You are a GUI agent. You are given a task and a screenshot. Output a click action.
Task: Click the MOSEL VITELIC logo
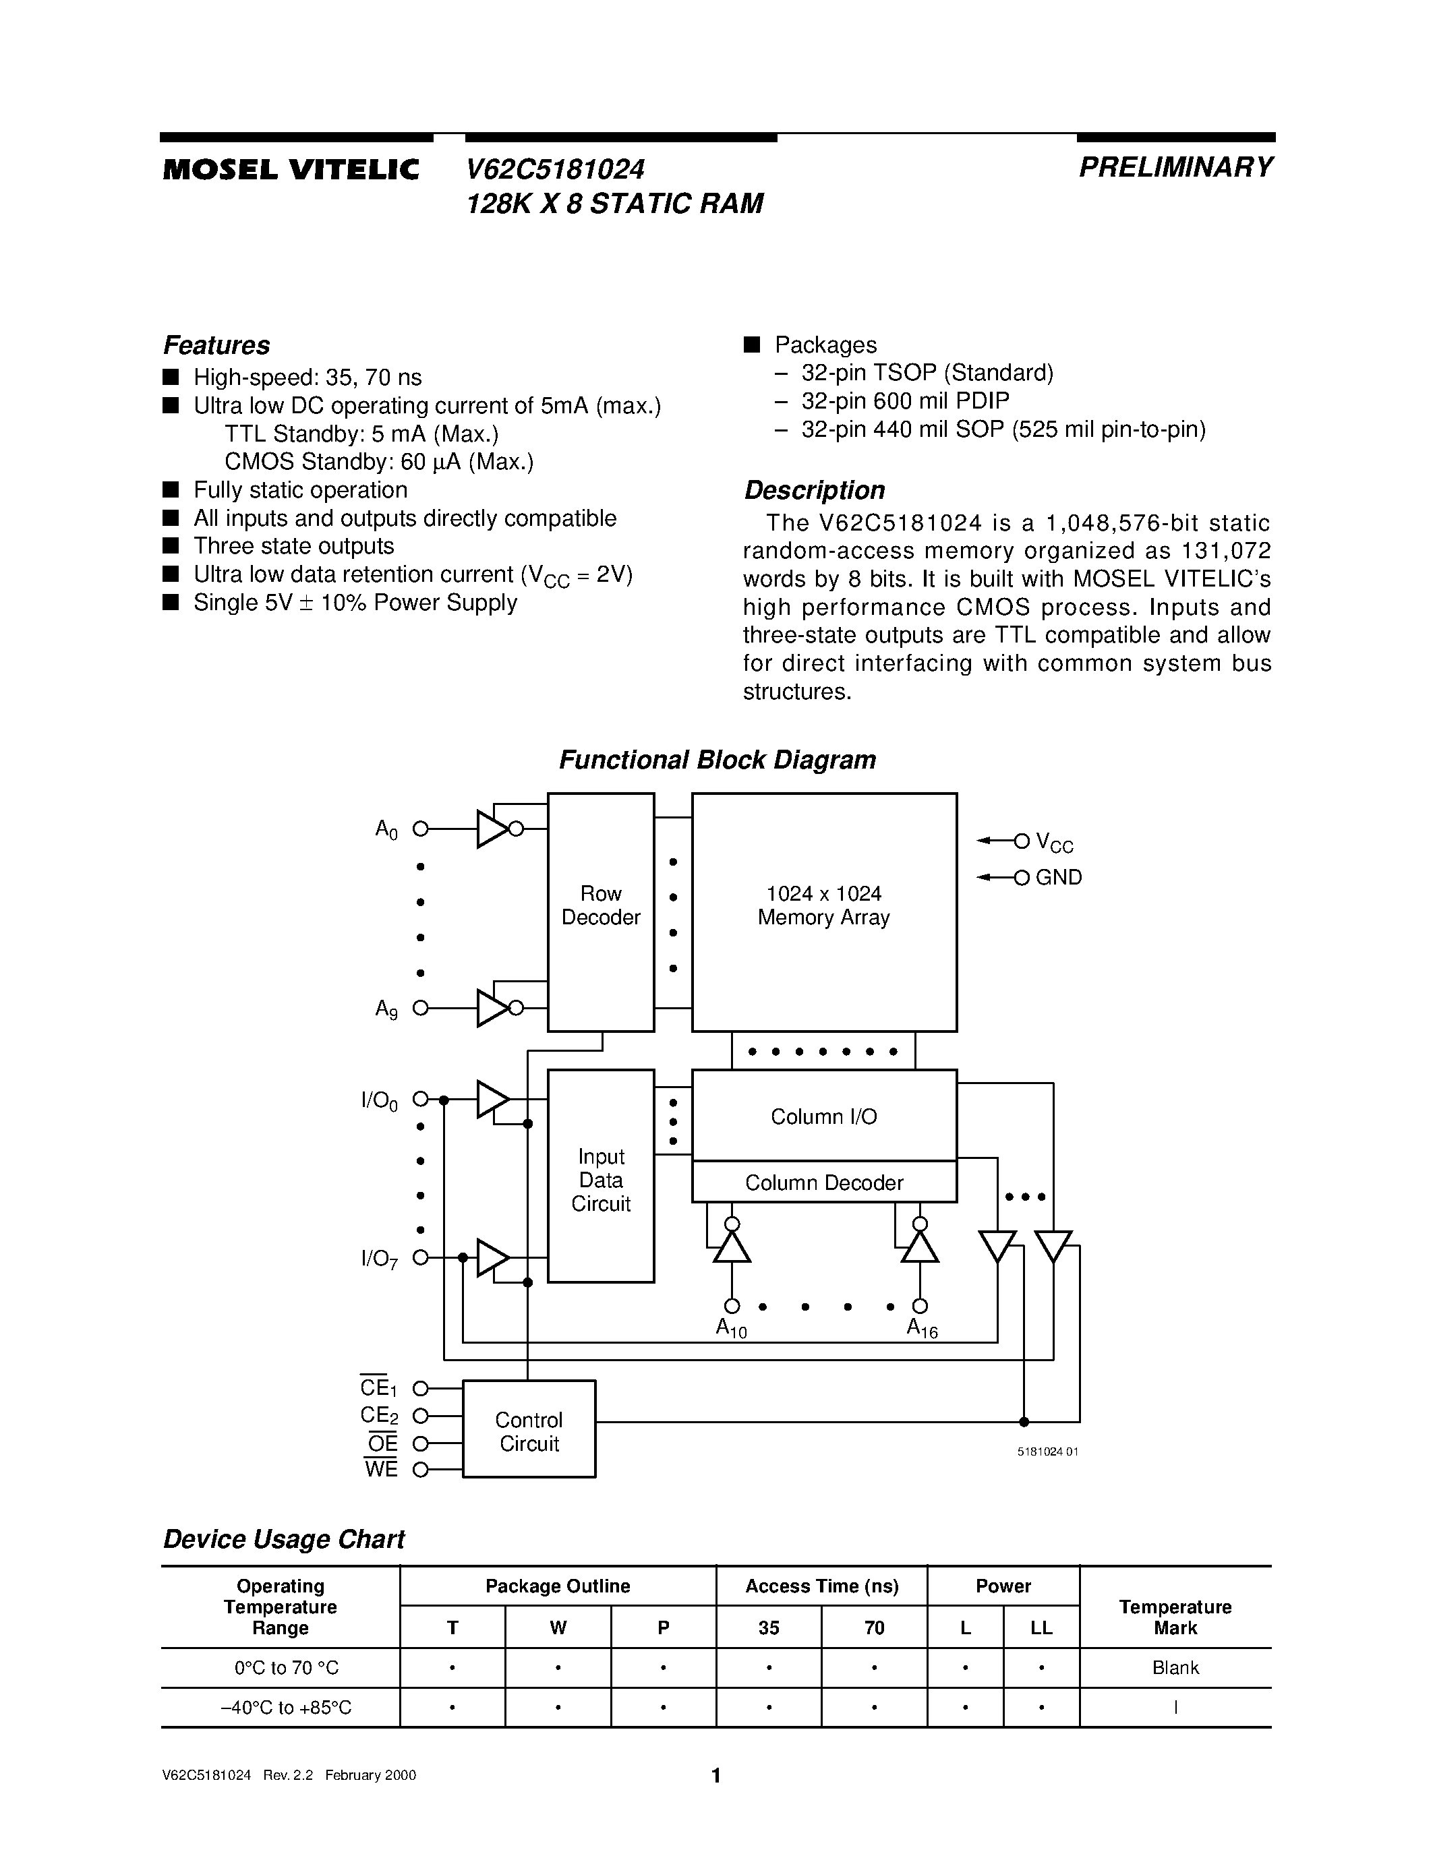click(291, 170)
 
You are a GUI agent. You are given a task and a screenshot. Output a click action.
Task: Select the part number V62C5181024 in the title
click(555, 170)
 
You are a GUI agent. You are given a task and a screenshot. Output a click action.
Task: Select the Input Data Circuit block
click(600, 1179)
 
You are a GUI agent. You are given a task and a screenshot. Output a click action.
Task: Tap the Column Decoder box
click(823, 1182)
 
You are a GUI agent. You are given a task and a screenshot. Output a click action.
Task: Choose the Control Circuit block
click(528, 1431)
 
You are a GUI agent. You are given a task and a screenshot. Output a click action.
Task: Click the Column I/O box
click(823, 1116)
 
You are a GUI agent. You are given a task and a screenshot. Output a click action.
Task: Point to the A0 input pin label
click(386, 829)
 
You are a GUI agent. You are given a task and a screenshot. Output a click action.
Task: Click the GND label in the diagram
click(1059, 877)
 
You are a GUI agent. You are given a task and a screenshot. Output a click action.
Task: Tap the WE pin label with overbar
click(381, 1468)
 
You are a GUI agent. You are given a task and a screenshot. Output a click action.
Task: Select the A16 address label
click(922, 1327)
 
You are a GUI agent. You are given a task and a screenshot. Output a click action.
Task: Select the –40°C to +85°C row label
click(280, 1706)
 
